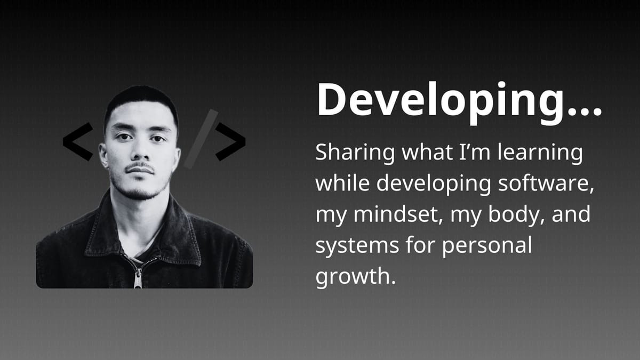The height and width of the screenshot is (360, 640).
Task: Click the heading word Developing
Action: click(x=442, y=102)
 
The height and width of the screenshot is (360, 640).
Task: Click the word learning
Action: click(x=540, y=154)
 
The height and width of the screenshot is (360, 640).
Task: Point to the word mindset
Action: click(x=396, y=214)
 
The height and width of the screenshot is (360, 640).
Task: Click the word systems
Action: click(x=357, y=246)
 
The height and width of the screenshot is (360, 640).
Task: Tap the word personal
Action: click(x=487, y=246)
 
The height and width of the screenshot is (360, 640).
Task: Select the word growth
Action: click(x=355, y=277)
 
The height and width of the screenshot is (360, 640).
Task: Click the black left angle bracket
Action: click(x=78, y=142)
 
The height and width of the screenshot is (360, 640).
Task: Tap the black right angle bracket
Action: click(x=230, y=142)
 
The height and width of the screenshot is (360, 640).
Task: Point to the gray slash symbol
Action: click(x=201, y=139)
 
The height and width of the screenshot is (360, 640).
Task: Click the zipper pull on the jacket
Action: click(x=138, y=278)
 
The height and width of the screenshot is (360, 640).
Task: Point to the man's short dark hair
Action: click(x=141, y=100)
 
